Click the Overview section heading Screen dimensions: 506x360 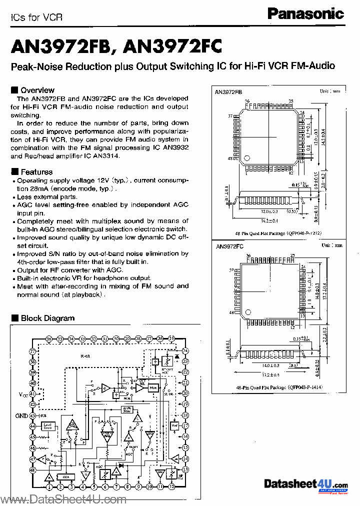pos(37,90)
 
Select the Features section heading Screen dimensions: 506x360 pos(36,172)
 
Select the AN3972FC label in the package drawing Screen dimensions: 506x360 pos(228,246)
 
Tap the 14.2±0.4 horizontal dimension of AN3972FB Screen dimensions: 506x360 pos(268,220)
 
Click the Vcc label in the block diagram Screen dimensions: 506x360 pos(23,395)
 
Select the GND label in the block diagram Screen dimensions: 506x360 pos(21,416)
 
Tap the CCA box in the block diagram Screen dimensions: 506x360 pos(63,475)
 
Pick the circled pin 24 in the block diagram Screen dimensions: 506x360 pos(185,350)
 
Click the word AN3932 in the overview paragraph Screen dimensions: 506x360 pos(177,147)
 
